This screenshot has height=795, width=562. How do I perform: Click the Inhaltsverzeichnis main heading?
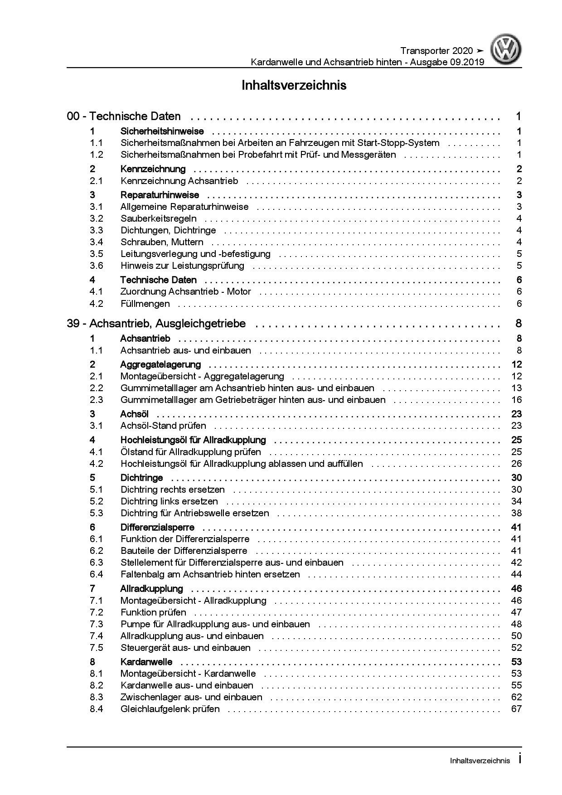(294, 85)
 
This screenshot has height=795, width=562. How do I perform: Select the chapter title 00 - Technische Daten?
(124, 116)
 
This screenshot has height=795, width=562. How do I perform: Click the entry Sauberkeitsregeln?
(159, 218)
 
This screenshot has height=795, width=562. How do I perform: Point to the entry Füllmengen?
(145, 304)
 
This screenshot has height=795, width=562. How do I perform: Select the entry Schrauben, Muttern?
(162, 242)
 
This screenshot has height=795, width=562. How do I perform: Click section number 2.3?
(97, 400)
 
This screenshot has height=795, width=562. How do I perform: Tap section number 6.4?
(97, 574)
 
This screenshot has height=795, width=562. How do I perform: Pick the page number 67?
(516, 709)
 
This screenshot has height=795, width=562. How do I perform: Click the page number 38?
(516, 513)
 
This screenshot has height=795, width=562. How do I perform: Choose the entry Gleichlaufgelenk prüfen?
(170, 709)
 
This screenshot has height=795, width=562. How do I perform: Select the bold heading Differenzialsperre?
(157, 527)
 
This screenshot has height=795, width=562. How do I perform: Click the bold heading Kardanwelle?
(146, 662)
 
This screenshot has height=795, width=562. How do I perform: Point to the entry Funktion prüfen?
(153, 612)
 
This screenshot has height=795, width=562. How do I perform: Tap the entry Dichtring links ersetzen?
(169, 501)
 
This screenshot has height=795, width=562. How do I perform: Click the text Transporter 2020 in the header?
(436, 51)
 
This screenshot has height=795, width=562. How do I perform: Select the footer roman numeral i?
(519, 759)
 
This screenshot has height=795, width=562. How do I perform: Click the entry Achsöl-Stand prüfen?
(163, 426)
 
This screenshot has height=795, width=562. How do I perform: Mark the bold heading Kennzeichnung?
(153, 169)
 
